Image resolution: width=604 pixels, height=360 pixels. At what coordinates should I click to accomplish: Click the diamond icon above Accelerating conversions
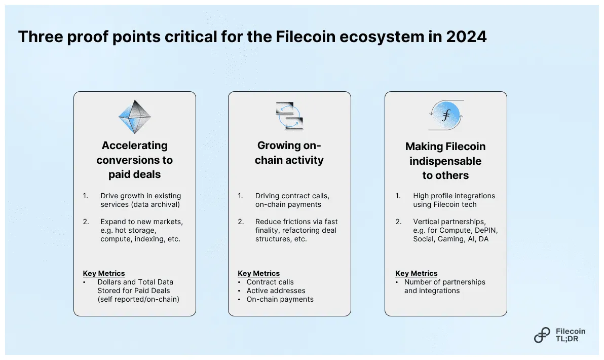coord(135,117)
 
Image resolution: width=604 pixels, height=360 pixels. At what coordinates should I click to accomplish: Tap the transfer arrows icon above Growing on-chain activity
coord(289,116)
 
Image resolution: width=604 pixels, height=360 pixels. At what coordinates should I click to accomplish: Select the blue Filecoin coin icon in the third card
coord(446,115)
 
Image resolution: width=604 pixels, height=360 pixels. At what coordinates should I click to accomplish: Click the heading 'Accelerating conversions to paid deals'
coord(134,160)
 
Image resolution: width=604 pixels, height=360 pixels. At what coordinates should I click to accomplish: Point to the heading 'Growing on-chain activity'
coord(289,153)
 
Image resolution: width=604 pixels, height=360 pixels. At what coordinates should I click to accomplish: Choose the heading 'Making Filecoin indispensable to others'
coord(445,161)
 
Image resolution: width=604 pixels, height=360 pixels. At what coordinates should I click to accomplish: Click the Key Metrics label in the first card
coord(104,273)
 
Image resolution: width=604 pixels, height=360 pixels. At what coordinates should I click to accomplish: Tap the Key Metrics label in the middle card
coord(258,273)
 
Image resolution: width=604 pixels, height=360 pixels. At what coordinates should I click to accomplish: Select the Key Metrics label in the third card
coord(416,273)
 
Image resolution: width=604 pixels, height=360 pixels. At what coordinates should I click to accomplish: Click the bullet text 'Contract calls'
coord(270,282)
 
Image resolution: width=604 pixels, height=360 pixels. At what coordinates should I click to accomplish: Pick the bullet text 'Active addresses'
coord(276,291)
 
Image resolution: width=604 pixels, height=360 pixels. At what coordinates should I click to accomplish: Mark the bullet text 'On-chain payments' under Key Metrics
coord(280,299)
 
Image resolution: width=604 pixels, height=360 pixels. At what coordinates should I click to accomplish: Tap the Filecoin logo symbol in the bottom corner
coord(542,335)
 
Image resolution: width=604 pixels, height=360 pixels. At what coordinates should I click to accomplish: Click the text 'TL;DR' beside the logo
coord(567,339)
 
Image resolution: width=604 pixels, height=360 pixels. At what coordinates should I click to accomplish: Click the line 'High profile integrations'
coord(454,196)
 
